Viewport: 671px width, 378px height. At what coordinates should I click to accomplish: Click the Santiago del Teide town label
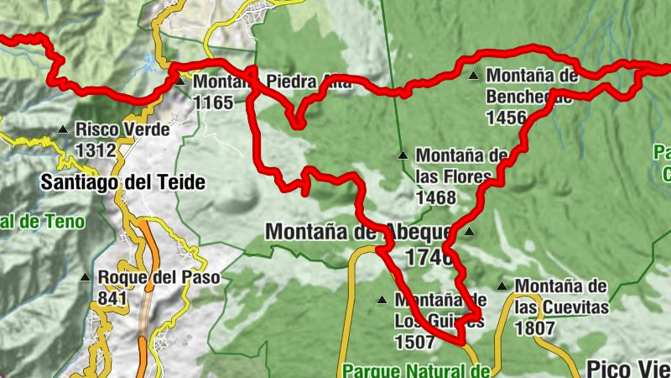pos(122,182)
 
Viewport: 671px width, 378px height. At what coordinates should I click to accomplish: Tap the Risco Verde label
pos(122,130)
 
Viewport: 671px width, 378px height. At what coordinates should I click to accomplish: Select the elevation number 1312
pos(96,150)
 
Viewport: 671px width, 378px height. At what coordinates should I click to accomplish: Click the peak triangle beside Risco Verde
pos(63,130)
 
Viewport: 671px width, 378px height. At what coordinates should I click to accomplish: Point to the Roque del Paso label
pos(159,277)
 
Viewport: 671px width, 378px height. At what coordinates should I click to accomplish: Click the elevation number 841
pos(112,297)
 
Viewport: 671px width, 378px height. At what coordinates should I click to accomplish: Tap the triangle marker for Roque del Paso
pos(85,277)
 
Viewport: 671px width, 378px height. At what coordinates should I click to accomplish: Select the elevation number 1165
pos(213,102)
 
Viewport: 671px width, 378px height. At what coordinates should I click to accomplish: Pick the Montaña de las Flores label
pos(462,165)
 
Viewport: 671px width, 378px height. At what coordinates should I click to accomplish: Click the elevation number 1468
pos(436,198)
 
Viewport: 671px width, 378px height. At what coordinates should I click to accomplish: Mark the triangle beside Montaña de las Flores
pos(403,155)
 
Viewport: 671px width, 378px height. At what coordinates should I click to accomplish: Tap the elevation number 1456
pos(506,117)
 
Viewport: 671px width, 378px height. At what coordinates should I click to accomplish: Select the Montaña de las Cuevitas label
pos(561,297)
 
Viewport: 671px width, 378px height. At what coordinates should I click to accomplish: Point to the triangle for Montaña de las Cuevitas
pos(502,286)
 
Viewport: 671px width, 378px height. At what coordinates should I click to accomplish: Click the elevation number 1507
pos(414,342)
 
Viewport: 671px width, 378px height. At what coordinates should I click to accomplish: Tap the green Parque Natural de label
pos(417,370)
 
